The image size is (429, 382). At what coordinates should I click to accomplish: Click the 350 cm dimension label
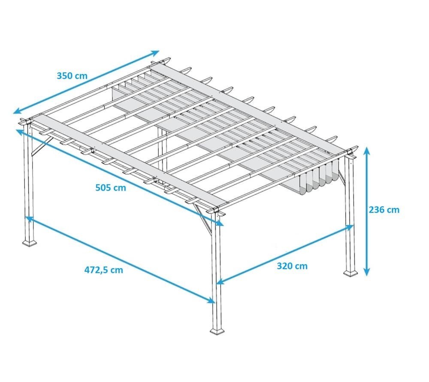(x=72, y=76)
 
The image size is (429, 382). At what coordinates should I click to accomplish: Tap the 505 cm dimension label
(x=111, y=188)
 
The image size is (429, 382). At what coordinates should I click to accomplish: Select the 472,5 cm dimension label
(x=104, y=270)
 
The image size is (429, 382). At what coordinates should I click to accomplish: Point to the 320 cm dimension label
(x=292, y=266)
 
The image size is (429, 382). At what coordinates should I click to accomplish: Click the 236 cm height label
(x=384, y=210)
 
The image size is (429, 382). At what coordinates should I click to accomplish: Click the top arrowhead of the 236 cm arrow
(x=367, y=150)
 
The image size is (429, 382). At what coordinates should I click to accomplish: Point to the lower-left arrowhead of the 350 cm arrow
(x=17, y=110)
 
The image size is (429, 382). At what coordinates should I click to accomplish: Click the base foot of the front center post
(x=217, y=331)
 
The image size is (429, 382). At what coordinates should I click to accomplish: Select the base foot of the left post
(x=30, y=243)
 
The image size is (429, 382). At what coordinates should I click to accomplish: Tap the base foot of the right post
(x=350, y=273)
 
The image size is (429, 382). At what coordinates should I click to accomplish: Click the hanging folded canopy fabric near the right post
(x=317, y=177)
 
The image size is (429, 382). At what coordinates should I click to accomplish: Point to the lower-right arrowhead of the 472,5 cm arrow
(x=211, y=300)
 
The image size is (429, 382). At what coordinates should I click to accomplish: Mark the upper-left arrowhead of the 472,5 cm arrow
(x=29, y=219)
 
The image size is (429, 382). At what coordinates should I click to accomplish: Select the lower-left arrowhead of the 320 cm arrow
(x=220, y=281)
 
